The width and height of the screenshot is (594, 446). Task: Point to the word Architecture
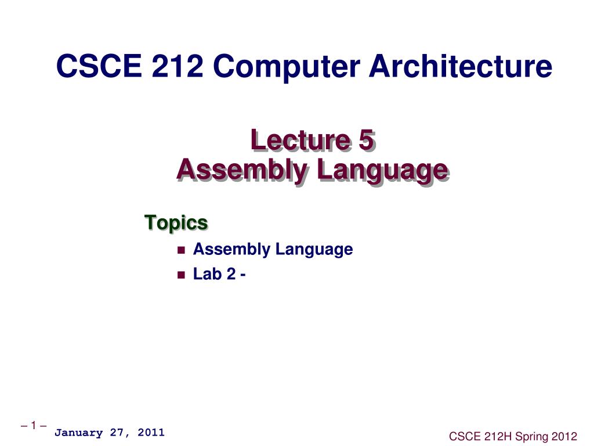[461, 67]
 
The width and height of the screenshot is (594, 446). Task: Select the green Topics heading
[176, 222]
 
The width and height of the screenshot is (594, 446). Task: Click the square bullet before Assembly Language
[180, 250]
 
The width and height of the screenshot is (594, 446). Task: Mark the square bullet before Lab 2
[180, 275]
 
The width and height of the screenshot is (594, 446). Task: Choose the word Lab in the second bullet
[204, 274]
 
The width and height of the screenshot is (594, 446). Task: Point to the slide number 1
[33, 426]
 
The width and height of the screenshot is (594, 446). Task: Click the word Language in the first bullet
[314, 250]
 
